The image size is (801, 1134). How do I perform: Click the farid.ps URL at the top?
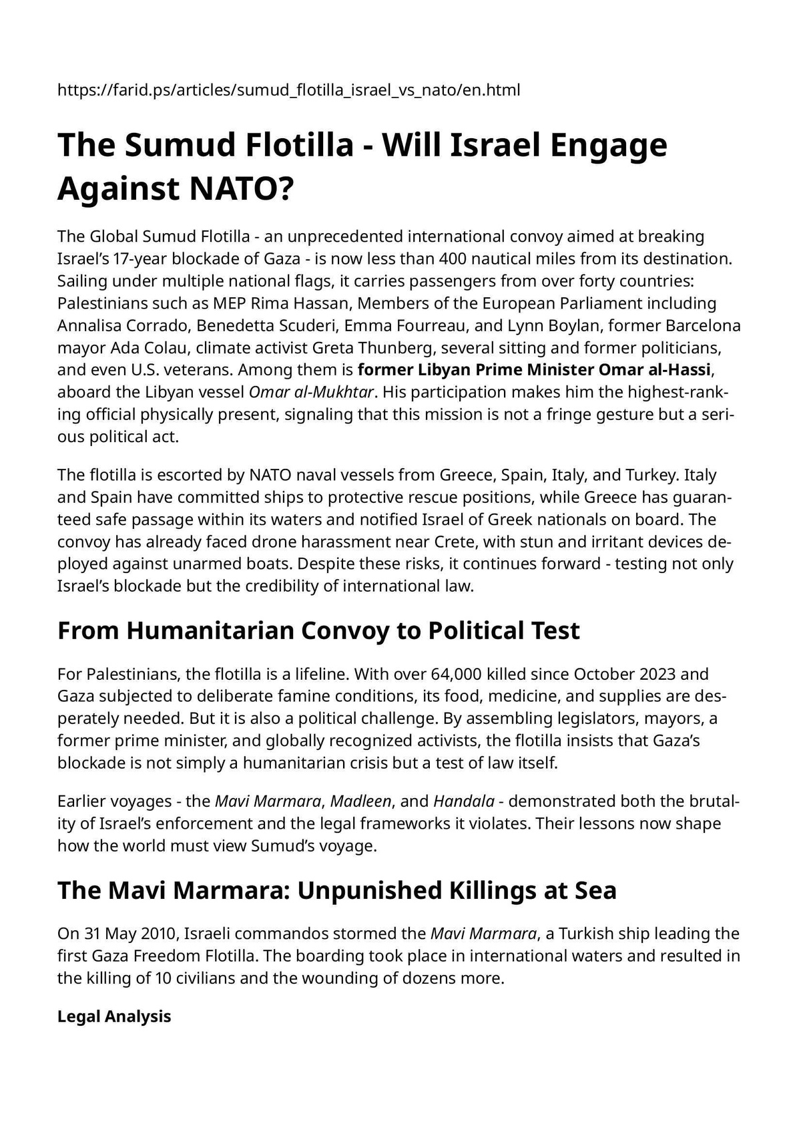288,89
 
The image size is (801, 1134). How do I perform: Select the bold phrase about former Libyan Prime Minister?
533,370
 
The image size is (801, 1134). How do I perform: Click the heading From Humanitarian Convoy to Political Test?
318,630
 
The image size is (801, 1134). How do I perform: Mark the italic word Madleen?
360,801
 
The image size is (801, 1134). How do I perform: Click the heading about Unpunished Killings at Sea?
336,890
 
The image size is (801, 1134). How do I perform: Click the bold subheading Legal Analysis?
114,1016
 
